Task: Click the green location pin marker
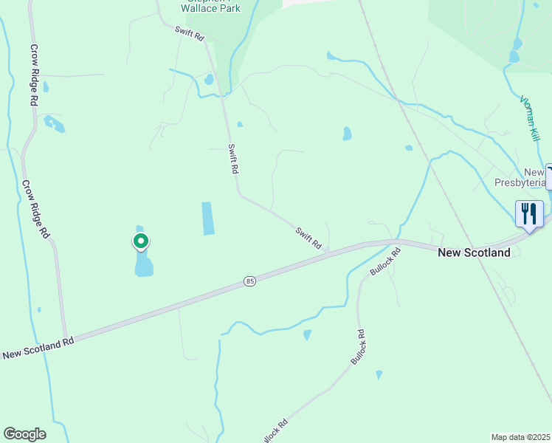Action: (140, 241)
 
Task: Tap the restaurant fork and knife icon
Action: (529, 214)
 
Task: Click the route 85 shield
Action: (249, 282)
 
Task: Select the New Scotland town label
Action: (474, 253)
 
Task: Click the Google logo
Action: (24, 434)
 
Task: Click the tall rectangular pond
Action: (207, 219)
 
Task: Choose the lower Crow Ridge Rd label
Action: (35, 210)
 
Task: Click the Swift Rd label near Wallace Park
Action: (190, 34)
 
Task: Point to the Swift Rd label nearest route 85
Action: (309, 237)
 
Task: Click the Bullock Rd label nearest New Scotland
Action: (386, 262)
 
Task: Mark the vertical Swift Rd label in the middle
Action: (233, 158)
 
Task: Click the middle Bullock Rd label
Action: (359, 346)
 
